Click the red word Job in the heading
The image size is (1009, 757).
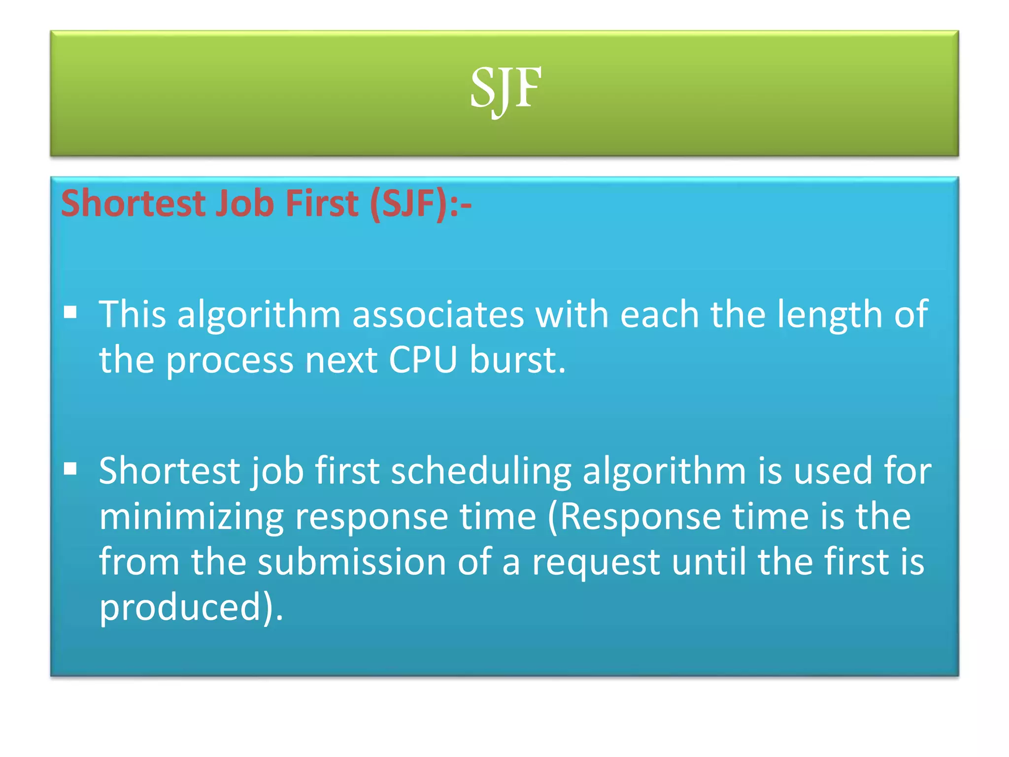tap(245, 204)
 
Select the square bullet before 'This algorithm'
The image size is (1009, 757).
tap(70, 312)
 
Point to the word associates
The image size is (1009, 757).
tap(438, 314)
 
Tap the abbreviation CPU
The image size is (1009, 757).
tap(423, 360)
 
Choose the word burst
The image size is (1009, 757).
tap(517, 360)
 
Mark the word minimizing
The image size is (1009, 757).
tap(191, 517)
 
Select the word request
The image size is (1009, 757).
tap(596, 563)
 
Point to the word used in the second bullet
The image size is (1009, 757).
tap(833, 471)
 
